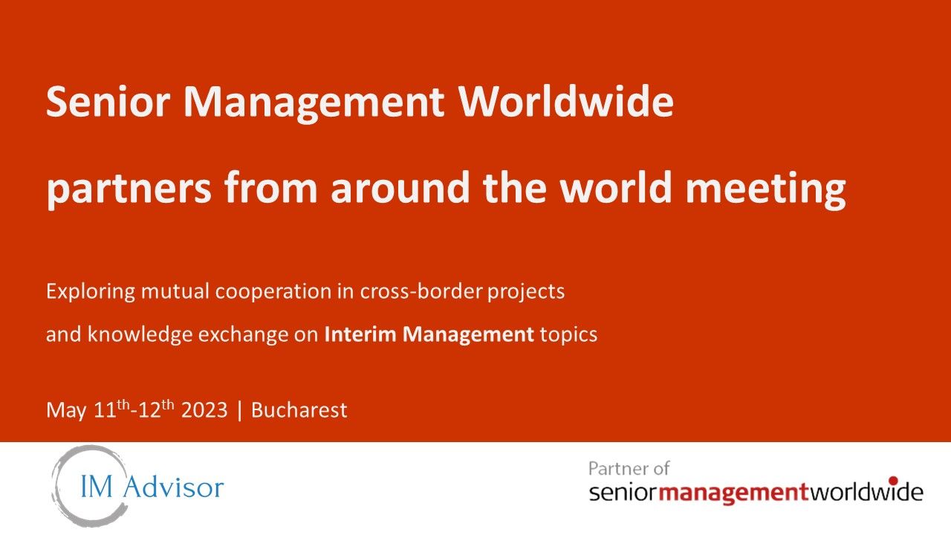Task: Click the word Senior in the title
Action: [108, 102]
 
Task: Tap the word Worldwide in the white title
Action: [565, 101]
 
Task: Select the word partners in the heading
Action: [129, 189]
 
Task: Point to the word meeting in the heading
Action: [765, 189]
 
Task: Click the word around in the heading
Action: [400, 187]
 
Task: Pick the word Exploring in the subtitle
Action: [91, 292]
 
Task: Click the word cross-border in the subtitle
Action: [421, 291]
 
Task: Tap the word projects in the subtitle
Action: [526, 292]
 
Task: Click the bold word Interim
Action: [360, 334]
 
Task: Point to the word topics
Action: [568, 334]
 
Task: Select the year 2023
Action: [204, 410]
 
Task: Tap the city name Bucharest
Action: [299, 410]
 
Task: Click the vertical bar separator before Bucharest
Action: [240, 411]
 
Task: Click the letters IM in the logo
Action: [97, 487]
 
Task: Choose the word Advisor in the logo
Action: [174, 487]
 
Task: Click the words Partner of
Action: [629, 469]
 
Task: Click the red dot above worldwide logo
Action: [893, 481]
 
